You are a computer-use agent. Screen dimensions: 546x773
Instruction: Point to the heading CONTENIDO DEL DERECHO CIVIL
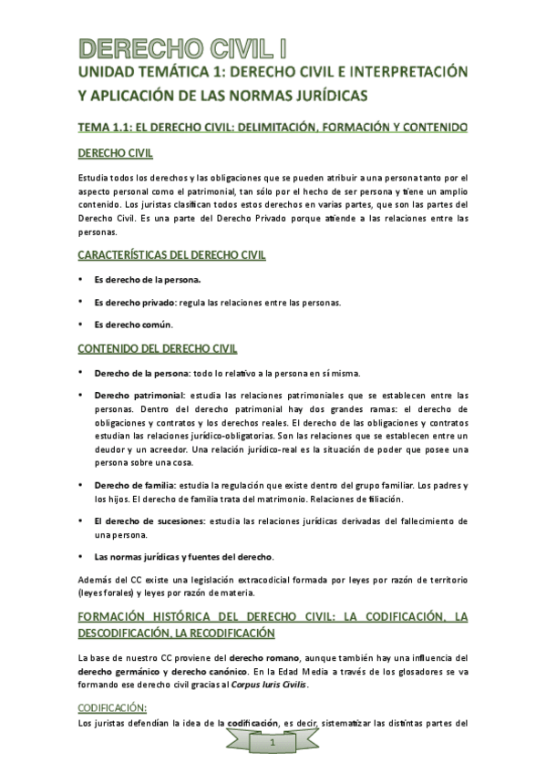pos(157,348)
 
